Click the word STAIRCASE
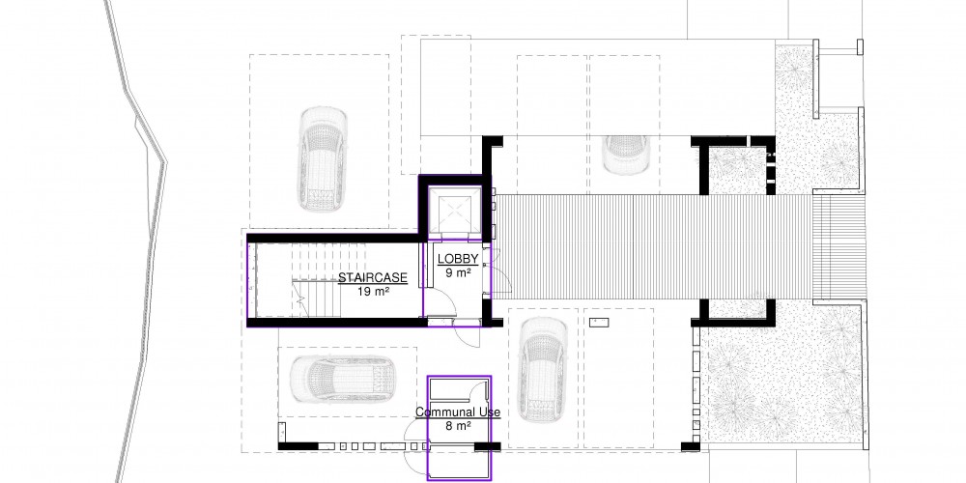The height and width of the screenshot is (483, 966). click(x=373, y=278)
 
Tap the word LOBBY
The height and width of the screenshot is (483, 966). click(x=458, y=259)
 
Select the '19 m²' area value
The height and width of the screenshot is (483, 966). click(x=373, y=291)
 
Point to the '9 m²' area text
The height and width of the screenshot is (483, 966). click(x=458, y=272)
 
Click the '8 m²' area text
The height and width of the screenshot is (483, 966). click(x=458, y=425)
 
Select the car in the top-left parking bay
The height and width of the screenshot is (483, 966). click(x=322, y=158)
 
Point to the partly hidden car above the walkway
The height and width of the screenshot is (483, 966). click(x=626, y=155)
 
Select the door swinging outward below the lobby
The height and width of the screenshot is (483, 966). click(x=466, y=336)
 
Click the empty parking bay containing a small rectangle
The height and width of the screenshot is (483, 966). click(x=618, y=378)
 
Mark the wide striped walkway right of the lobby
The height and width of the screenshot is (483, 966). click(x=654, y=247)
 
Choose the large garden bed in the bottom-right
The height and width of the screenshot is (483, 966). click(x=783, y=376)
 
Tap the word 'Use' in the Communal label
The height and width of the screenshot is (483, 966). click(x=489, y=412)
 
